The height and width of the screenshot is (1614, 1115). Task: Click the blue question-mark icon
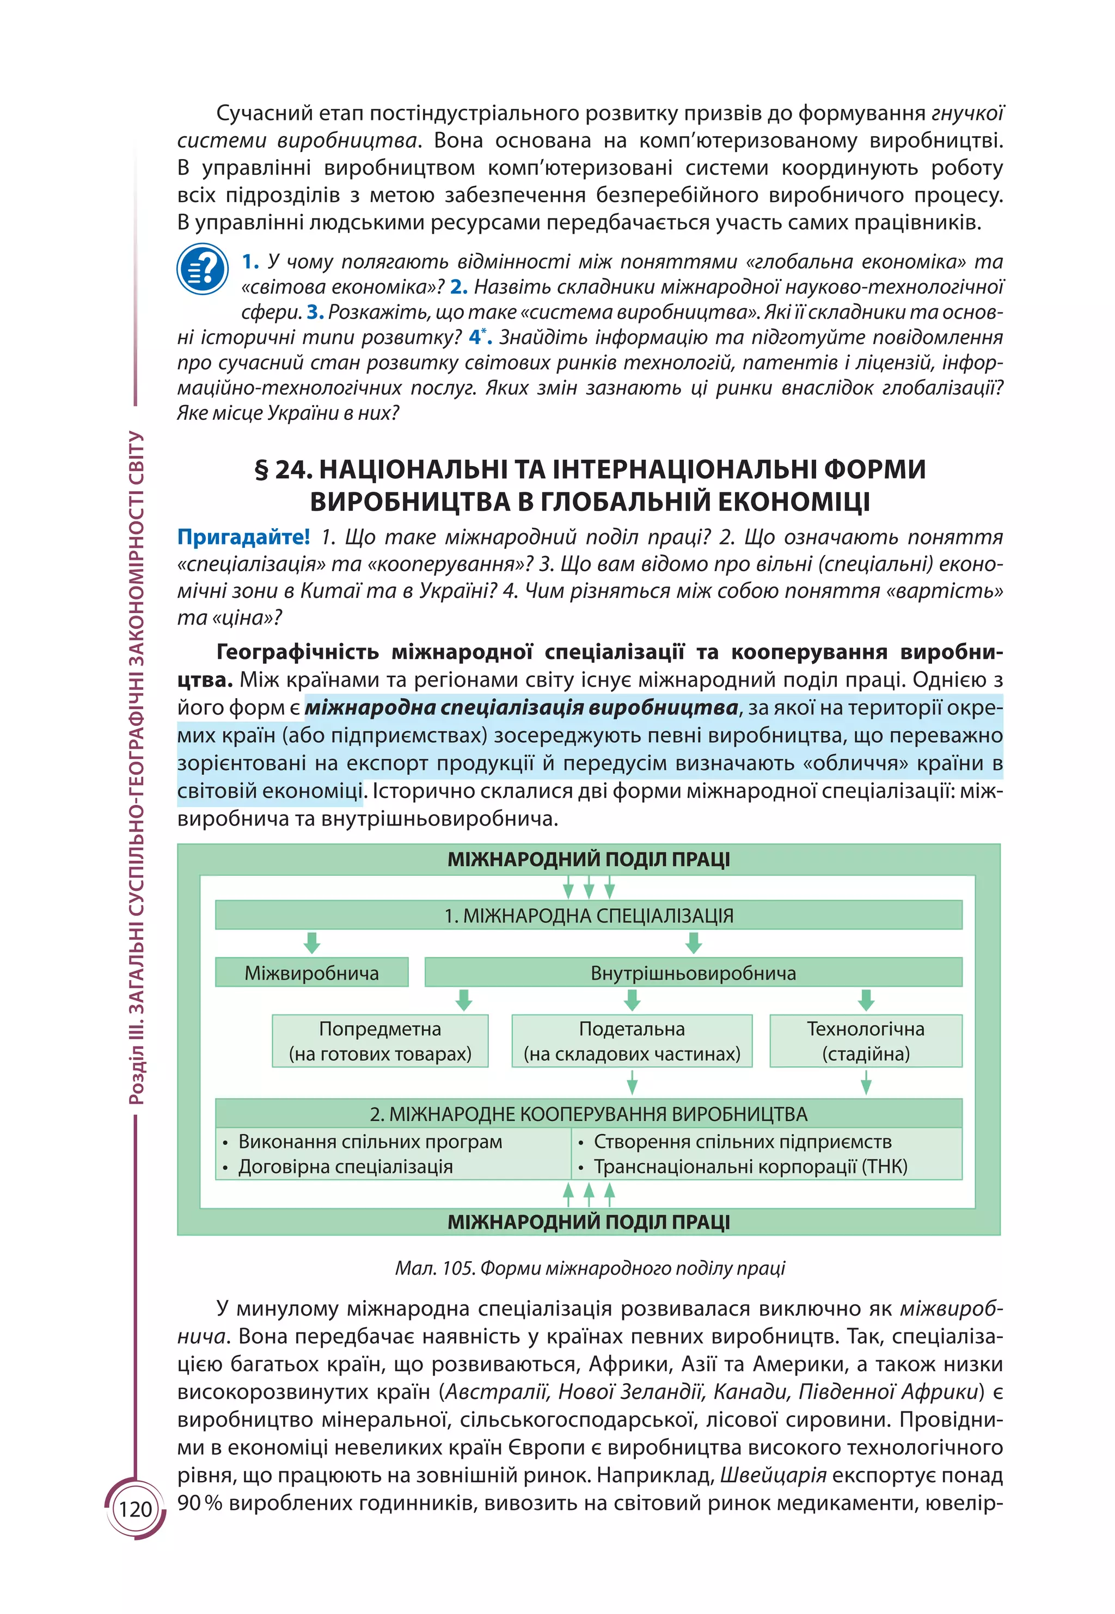203,269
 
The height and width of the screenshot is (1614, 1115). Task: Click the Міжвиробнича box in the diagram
311,973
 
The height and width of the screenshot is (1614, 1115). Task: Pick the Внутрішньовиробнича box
693,973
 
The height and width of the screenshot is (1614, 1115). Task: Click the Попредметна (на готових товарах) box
380,1041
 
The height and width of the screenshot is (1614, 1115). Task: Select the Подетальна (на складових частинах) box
632,1041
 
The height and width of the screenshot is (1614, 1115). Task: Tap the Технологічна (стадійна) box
866,1041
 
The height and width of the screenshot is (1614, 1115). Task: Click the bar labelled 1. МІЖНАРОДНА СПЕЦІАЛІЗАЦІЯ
588,915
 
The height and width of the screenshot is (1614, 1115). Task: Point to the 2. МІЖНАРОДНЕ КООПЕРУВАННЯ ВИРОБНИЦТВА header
588,1114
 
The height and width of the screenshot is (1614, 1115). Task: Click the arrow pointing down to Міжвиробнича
311,943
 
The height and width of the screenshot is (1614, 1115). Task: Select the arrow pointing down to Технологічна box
866,1000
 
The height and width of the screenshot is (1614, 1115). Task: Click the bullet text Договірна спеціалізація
345,1167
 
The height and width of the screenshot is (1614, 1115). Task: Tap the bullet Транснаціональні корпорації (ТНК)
750,1167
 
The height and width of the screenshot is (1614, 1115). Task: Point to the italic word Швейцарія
773,1476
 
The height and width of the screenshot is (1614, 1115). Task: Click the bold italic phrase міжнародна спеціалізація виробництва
521,708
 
